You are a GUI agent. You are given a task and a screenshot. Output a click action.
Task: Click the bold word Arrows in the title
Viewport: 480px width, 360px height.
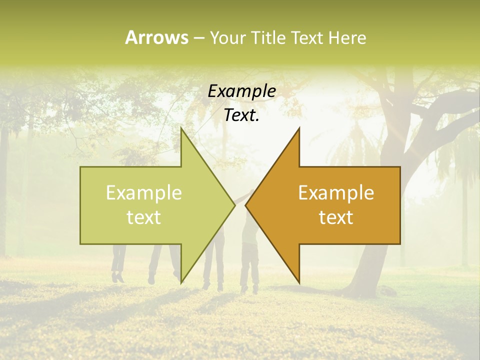[x=156, y=37]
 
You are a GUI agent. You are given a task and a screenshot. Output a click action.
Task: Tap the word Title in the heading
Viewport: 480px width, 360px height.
[x=269, y=37]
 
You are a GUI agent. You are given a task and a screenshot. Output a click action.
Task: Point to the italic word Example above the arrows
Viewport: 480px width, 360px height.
[x=242, y=91]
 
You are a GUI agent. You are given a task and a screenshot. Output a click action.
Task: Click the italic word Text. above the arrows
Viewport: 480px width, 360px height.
[x=242, y=115]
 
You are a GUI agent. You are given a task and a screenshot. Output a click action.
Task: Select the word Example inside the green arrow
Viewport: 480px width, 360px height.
[x=144, y=192]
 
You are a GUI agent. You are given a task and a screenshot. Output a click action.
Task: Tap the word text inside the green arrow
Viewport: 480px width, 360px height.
[x=144, y=217]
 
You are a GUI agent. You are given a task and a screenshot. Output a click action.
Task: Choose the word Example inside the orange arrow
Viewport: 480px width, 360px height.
[x=336, y=192]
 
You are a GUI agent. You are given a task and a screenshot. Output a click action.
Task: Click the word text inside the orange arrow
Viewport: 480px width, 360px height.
[x=336, y=217]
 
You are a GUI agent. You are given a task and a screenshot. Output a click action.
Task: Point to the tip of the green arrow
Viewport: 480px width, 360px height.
[x=234, y=205]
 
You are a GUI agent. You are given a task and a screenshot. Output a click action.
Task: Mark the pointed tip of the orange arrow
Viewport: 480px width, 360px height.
[x=246, y=205]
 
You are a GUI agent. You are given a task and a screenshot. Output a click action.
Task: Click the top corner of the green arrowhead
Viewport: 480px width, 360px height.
[x=181, y=128]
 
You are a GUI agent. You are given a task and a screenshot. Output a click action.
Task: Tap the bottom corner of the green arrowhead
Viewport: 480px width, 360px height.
[x=181, y=282]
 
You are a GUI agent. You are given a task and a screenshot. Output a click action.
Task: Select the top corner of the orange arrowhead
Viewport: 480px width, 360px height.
[x=299, y=128]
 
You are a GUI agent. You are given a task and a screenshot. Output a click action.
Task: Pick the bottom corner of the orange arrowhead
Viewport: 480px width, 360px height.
[x=299, y=282]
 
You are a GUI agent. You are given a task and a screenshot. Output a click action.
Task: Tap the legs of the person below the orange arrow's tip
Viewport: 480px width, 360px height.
[x=248, y=272]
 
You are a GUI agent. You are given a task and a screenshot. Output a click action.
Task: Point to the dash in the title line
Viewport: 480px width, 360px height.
[x=198, y=38]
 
